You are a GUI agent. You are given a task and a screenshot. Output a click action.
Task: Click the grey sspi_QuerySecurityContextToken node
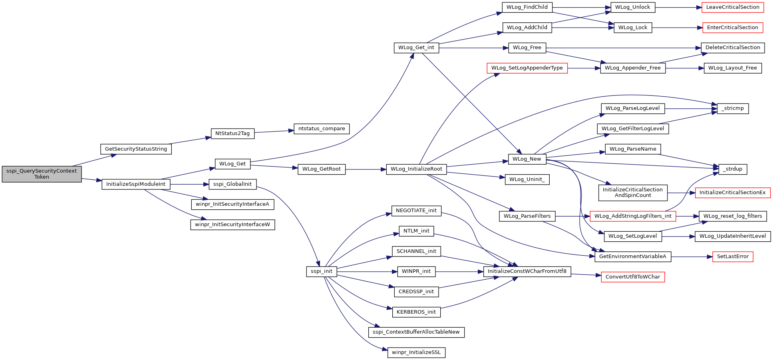42,174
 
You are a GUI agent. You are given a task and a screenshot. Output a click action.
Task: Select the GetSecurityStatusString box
136,149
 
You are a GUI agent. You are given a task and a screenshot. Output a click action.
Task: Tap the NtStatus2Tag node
232,133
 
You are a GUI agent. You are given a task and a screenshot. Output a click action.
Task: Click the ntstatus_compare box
322,129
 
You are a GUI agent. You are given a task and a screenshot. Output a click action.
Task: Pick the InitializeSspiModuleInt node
136,184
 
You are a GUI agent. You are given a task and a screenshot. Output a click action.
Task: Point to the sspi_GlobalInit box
232,184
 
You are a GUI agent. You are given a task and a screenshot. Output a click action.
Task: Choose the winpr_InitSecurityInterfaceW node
232,225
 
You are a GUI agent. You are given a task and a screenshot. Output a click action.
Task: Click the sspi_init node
322,271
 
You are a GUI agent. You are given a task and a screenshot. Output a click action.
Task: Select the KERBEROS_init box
416,312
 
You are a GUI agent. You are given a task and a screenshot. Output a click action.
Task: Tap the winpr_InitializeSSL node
416,352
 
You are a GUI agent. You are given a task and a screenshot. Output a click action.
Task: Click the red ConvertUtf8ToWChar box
633,277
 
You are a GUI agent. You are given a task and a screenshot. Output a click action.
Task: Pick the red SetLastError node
733,257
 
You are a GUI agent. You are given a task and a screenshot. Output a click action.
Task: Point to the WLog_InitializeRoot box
416,169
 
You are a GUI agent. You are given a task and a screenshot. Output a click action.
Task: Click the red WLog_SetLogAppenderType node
527,68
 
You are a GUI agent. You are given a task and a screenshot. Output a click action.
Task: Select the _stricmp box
733,108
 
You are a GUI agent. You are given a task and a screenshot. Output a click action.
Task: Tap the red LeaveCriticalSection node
733,7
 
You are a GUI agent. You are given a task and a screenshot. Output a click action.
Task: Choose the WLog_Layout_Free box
733,68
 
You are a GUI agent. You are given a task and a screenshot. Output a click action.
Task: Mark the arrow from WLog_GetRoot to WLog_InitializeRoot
366,169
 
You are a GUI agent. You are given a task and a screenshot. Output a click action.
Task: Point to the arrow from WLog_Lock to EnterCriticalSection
677,28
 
